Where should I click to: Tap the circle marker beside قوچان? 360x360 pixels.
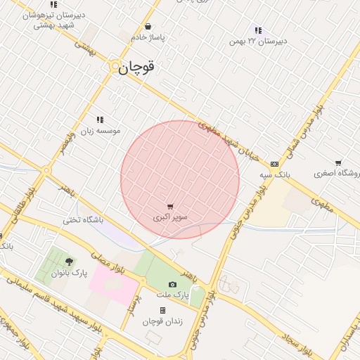[x=115, y=66]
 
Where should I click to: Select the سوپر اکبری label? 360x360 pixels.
[x=171, y=217]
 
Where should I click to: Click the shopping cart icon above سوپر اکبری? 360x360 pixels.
[x=171, y=207]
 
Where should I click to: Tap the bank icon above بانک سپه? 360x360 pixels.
[x=274, y=164]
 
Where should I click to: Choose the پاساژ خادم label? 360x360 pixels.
[x=147, y=37]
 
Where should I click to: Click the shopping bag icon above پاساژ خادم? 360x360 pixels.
[x=147, y=27]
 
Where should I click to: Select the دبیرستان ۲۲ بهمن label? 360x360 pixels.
[x=259, y=41]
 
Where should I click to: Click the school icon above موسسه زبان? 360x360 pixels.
[x=100, y=120]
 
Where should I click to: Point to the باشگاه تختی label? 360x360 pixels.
[x=84, y=220]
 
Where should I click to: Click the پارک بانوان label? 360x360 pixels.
[x=69, y=273]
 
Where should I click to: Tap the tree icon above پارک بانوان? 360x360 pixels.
[x=68, y=262]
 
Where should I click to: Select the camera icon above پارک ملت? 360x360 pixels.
[x=172, y=284]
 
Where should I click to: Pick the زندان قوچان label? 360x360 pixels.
[x=162, y=321]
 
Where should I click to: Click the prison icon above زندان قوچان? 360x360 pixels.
[x=162, y=310]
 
